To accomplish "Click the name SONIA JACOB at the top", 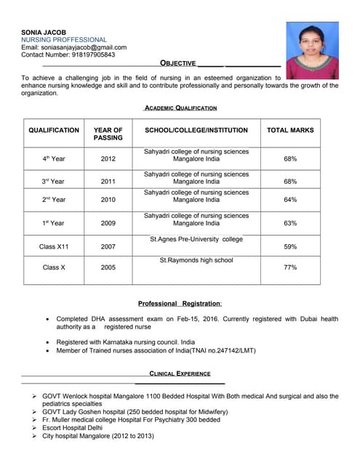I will click(x=44, y=33).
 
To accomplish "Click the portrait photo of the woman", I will click(x=312, y=50).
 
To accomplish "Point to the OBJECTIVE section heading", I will click(x=181, y=64).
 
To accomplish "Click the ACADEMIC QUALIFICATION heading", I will click(x=180, y=108).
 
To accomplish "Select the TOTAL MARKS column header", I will click(x=290, y=130).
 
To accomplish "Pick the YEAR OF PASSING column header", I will click(x=108, y=134).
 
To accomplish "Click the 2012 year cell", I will click(x=108, y=158).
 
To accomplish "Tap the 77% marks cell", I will click(x=290, y=267).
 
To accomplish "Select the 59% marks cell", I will click(x=290, y=247).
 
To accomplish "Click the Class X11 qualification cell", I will click(x=54, y=247).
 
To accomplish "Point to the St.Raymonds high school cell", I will click(x=196, y=260).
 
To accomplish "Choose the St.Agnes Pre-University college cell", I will click(x=196, y=239).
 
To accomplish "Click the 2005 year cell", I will click(x=108, y=267).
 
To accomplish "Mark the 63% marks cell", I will click(x=290, y=223).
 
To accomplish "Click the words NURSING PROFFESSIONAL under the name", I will click(x=64, y=40).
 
